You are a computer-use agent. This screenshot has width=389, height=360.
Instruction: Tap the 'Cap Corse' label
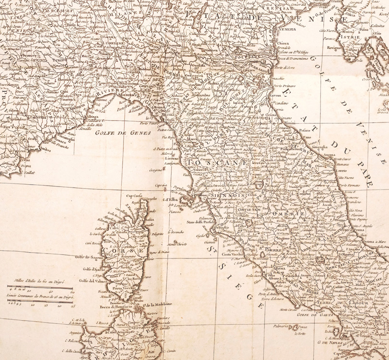[x=136, y=196]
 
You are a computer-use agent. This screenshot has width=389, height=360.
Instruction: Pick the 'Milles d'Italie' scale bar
[x=42, y=282]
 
